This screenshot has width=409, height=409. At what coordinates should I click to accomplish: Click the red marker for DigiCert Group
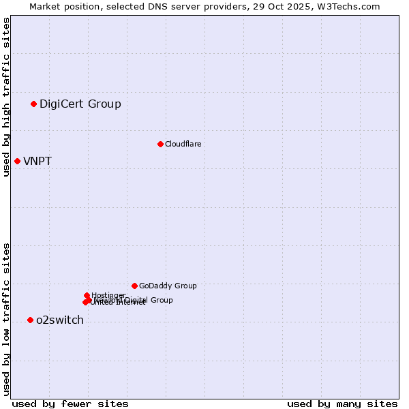click(x=33, y=104)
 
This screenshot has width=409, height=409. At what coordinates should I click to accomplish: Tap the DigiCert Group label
click(x=80, y=104)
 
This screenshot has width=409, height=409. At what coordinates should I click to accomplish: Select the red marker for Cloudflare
click(x=160, y=144)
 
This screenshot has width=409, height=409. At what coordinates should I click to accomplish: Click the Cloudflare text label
click(x=183, y=144)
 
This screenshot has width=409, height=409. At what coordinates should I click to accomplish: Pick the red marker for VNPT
click(x=17, y=161)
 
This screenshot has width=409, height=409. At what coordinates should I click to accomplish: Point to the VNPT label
click(x=37, y=162)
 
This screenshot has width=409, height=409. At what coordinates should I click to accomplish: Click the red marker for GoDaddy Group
click(x=134, y=286)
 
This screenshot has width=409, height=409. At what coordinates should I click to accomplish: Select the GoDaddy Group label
click(x=168, y=286)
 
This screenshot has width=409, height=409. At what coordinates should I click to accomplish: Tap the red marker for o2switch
click(x=30, y=320)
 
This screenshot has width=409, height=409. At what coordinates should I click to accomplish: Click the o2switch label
click(x=60, y=320)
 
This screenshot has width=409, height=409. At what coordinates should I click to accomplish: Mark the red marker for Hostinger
click(x=87, y=295)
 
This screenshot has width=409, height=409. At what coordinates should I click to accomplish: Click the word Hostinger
click(x=109, y=295)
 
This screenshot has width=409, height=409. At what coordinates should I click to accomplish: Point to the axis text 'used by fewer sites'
click(x=70, y=404)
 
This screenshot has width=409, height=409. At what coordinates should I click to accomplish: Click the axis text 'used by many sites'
click(x=342, y=404)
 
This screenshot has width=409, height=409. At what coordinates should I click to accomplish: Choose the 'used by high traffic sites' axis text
click(x=7, y=97)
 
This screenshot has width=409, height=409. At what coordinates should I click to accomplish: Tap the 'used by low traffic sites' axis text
click(x=7, y=319)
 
